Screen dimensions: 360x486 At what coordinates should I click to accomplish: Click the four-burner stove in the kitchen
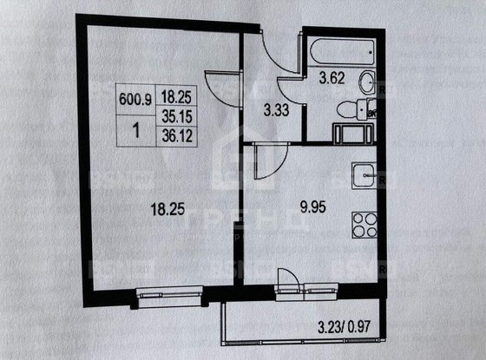pyautogui.click(x=364, y=227)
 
